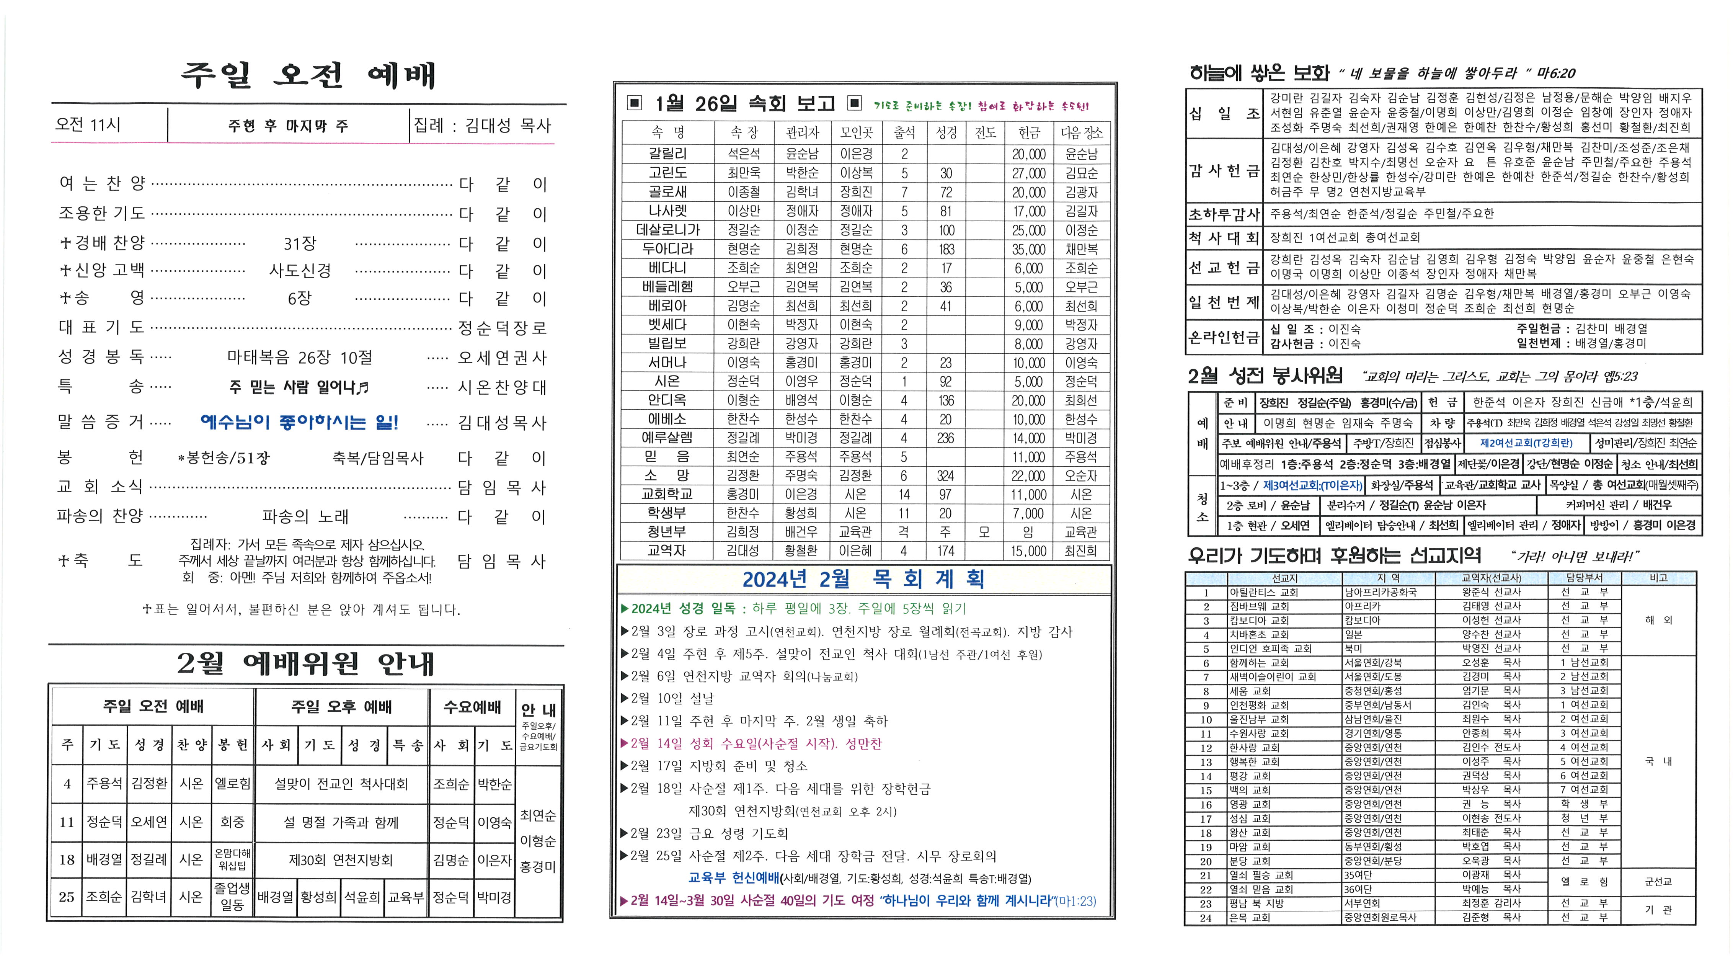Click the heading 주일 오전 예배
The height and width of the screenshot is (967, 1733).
point(308,75)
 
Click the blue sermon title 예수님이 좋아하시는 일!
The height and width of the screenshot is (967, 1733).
point(299,423)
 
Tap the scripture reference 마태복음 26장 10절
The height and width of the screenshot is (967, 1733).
point(299,357)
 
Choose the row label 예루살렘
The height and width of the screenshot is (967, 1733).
point(667,438)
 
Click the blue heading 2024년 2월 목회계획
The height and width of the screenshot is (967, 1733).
point(863,579)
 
